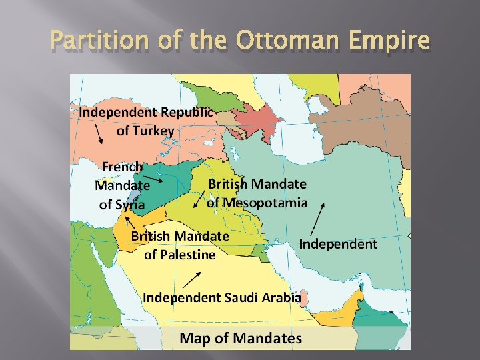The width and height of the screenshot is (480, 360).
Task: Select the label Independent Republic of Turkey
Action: coord(145,121)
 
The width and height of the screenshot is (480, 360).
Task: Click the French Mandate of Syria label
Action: coord(122,185)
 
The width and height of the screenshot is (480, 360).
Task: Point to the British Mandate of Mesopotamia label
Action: coord(257,193)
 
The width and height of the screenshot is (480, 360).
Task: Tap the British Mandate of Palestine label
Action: coord(180,245)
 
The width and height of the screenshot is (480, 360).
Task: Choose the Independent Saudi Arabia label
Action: coord(222,297)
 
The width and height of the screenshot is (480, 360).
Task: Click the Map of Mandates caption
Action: coord(241,338)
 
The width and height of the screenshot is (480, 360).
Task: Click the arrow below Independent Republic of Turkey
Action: coord(98,135)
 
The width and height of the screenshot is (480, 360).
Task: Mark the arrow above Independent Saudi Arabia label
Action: coord(192,278)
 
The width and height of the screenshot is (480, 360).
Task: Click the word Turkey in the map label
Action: coord(145,131)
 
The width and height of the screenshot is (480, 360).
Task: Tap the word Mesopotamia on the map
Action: coord(257,202)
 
